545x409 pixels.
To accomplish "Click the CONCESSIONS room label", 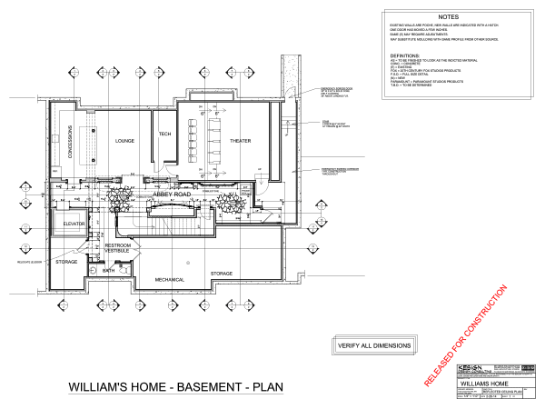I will (x=70, y=141).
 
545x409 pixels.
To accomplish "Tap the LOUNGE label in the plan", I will (x=124, y=142).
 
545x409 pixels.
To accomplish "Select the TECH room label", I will (x=164, y=135).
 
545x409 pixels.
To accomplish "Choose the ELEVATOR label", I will (x=74, y=223).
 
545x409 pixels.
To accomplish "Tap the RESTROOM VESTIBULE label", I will (x=119, y=249).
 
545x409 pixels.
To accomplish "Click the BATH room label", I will (x=108, y=270).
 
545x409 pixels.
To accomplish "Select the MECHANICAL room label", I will (x=170, y=279).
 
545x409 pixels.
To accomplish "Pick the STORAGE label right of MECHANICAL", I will (x=222, y=273).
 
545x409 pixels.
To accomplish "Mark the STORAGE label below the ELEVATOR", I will (x=66, y=262).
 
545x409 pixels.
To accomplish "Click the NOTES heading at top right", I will (x=448, y=17).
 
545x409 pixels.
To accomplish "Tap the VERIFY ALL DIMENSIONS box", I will (x=374, y=345).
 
